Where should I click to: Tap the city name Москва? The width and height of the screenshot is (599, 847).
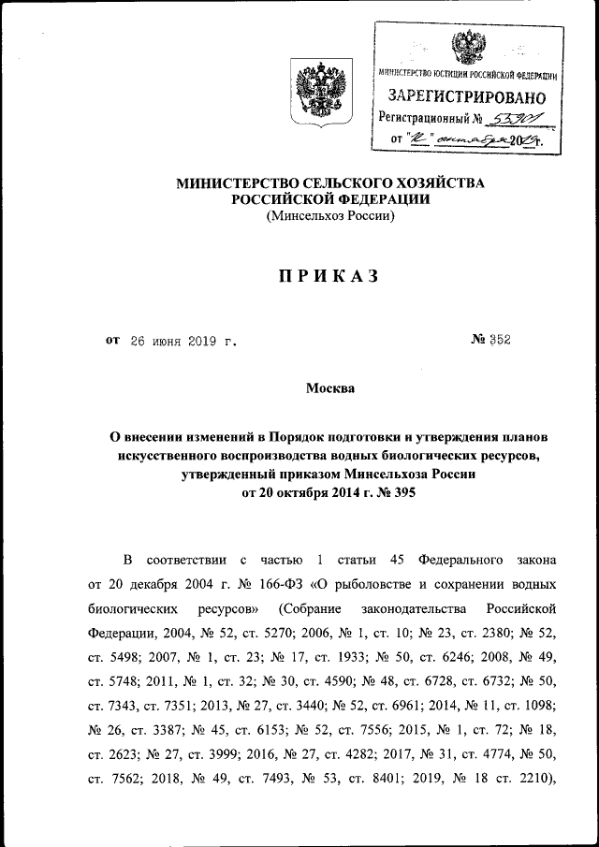(330, 388)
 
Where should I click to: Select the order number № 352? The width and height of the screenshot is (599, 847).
(489, 340)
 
